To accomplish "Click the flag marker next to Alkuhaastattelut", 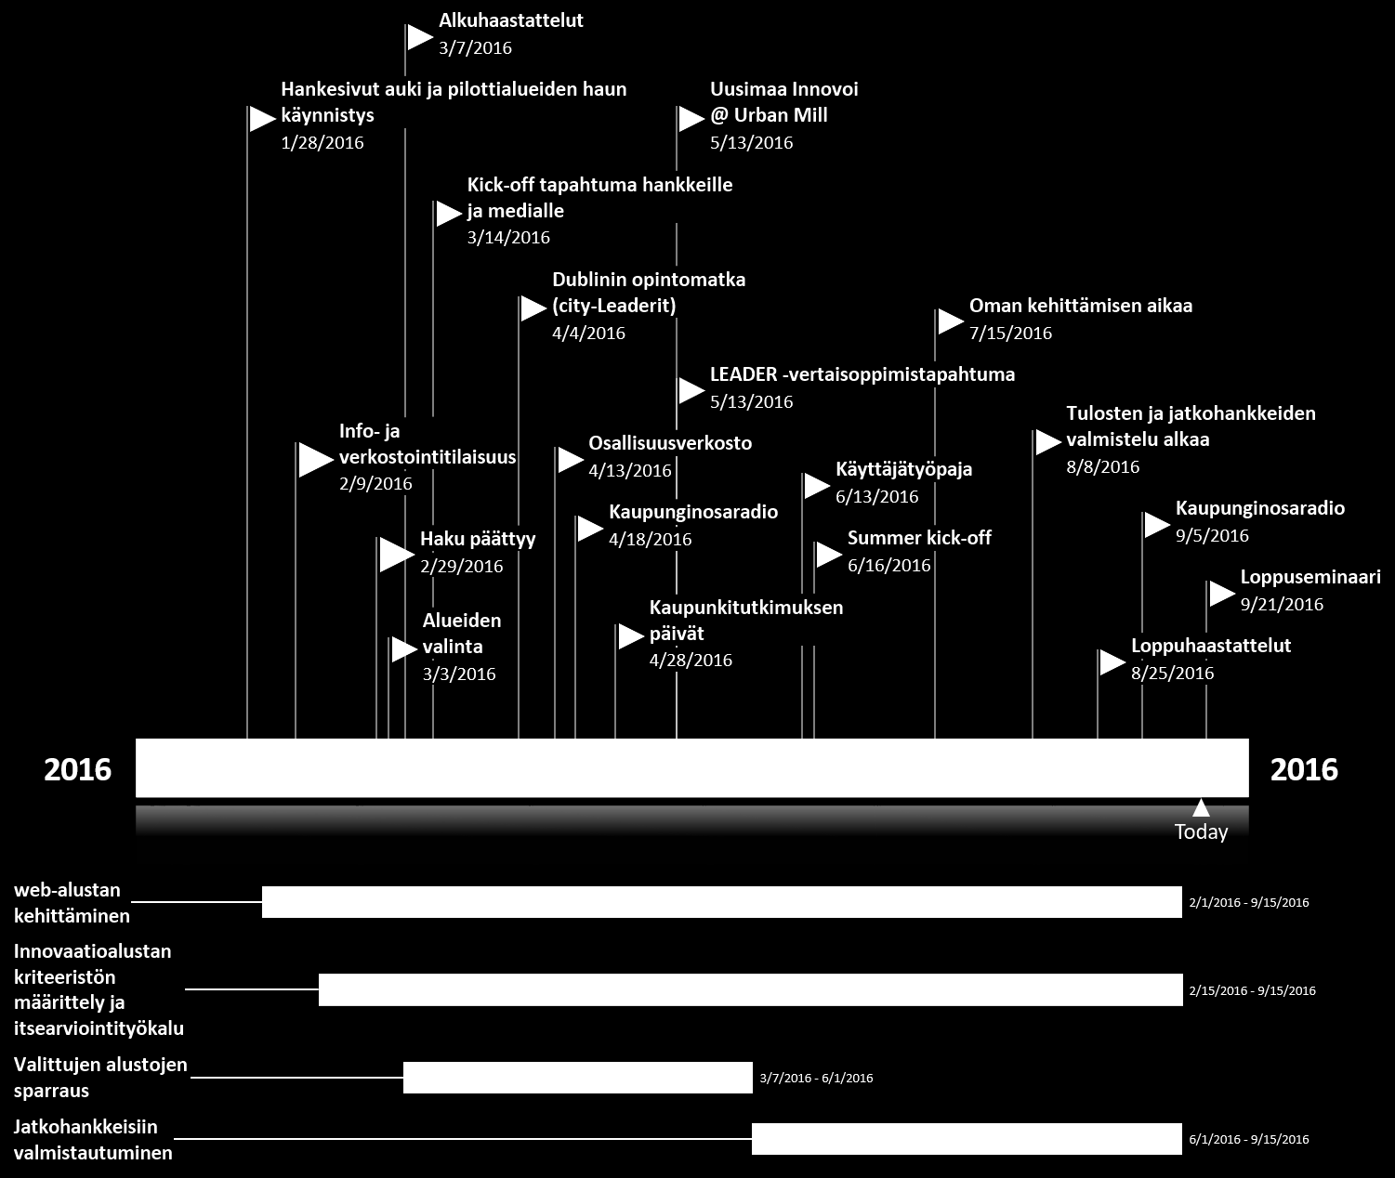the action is tap(419, 37).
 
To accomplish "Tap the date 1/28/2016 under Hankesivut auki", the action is tap(322, 142).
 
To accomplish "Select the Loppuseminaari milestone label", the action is tap(1310, 577).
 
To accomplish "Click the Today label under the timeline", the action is tap(1202, 831).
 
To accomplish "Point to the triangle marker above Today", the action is tap(1202, 808).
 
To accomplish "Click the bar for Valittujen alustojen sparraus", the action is tap(578, 1078).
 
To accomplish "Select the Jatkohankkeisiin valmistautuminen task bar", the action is tap(967, 1139).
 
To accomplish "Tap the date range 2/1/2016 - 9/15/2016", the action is tap(1249, 902).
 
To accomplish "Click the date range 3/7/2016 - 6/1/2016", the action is tap(816, 1078).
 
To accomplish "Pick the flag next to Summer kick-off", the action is tap(829, 555).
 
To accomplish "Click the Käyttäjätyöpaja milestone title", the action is tap(903, 469).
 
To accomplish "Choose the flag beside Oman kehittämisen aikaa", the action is tap(951, 321).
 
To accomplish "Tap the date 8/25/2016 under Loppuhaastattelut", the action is tap(1172, 674).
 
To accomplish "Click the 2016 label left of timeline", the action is tap(77, 769).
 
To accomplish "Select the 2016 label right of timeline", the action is tap(1304, 769).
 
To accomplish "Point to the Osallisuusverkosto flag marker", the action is tap(571, 460).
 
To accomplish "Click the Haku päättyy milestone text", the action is tap(478, 539).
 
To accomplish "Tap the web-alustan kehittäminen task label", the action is tap(72, 903).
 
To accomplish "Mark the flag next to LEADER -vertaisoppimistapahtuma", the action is tap(692, 391).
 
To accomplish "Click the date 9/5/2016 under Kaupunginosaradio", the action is tap(1212, 535).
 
